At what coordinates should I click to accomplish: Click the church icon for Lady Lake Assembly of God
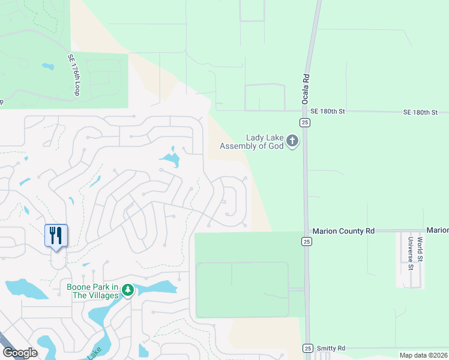292,141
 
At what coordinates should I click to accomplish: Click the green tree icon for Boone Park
127,290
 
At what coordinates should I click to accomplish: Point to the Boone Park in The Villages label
93,290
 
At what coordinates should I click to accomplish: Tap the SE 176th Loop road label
74,75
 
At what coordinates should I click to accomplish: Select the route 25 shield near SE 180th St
306,122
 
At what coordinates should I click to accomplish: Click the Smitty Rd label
332,348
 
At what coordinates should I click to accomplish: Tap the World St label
420,249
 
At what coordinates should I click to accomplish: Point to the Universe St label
411,253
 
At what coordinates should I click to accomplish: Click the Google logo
20,353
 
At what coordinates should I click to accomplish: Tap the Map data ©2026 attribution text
423,355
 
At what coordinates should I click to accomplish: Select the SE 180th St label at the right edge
421,112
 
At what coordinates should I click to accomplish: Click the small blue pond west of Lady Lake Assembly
170,159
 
